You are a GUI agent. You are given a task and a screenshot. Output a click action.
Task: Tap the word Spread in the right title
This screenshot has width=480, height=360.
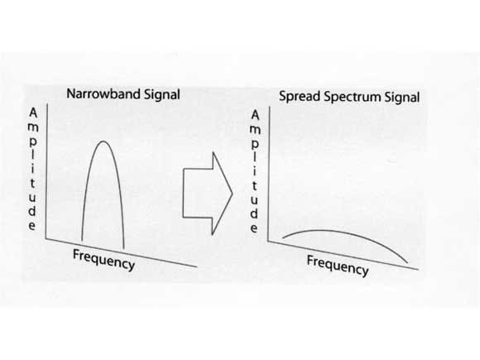point(300,97)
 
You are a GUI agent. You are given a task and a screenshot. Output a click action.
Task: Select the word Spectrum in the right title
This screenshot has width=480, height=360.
point(353,98)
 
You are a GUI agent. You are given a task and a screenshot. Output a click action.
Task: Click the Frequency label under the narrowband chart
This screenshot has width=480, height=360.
point(103,260)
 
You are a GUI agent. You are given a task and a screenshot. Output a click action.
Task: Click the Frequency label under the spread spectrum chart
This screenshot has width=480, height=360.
point(338,266)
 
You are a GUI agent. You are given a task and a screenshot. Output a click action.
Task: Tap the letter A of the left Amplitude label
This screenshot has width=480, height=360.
point(33,113)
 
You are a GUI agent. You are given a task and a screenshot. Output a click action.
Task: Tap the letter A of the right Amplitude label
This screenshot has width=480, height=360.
point(255,115)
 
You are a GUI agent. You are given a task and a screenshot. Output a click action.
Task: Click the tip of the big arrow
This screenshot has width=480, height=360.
point(233,194)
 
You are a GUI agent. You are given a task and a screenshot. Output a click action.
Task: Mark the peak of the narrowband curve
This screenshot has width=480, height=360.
point(103,142)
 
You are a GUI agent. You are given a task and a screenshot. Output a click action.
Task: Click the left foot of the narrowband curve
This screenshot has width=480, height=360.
point(82,241)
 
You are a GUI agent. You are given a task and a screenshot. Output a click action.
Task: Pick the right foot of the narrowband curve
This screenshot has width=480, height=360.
point(123,249)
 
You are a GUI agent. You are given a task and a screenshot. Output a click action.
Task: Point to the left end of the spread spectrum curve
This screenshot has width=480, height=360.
point(282,238)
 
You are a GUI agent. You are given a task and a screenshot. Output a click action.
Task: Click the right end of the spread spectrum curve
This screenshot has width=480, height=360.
point(408,263)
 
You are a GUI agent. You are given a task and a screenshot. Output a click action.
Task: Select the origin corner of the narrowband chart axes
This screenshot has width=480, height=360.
point(46,239)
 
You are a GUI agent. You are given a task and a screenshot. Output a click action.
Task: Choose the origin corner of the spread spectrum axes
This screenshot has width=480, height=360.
point(268,241)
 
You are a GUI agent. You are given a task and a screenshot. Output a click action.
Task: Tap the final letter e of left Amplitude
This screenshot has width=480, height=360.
point(32,226)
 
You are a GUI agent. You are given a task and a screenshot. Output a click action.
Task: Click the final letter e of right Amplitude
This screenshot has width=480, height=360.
point(254,228)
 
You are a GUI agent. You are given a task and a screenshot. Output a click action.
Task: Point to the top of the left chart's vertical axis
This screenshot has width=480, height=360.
point(47,104)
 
